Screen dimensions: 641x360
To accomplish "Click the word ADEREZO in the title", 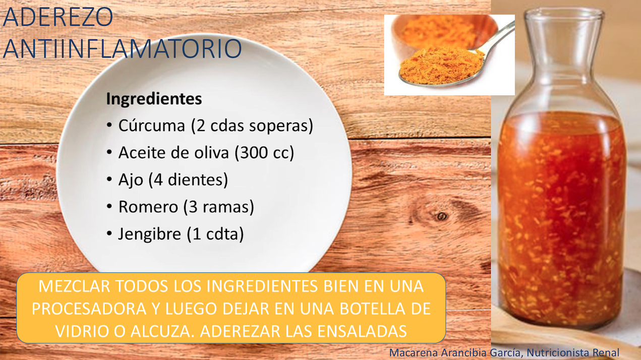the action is pyautogui.click(x=58, y=17).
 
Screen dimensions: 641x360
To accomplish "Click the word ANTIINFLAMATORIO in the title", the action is pyautogui.click(x=123, y=49).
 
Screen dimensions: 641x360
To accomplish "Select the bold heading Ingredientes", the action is pyautogui.click(x=154, y=99).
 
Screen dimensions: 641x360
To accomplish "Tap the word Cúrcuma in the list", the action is pyautogui.click(x=152, y=126).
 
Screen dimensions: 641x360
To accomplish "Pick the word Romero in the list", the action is pyautogui.click(x=148, y=207).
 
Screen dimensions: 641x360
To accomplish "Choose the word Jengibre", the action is pyautogui.click(x=150, y=234).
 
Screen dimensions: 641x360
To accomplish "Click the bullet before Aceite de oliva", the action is pyautogui.click(x=109, y=152).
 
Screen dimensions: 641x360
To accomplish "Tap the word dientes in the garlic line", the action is pyautogui.click(x=198, y=179).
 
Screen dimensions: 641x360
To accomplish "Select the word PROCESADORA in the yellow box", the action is pyautogui.click(x=89, y=309).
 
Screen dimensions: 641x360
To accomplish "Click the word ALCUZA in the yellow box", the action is pyautogui.click(x=161, y=331).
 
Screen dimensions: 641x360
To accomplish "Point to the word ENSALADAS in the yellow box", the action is pyautogui.click(x=362, y=331).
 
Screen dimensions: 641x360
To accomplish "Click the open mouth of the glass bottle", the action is pyautogui.click(x=564, y=14).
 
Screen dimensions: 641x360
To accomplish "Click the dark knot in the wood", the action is pyautogui.click(x=442, y=216).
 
